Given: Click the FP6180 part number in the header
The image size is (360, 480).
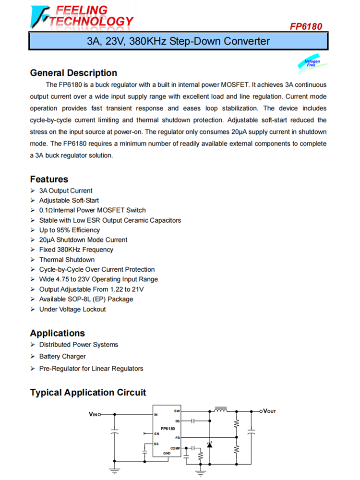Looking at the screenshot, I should point(306,27).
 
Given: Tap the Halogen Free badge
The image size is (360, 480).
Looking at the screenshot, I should point(312,63).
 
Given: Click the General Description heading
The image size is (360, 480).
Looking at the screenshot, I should point(73,73).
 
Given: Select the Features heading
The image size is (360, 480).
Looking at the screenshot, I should point(49,179).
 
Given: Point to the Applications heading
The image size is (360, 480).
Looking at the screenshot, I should point(57,333).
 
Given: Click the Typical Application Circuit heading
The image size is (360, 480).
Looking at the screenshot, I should point(88,393).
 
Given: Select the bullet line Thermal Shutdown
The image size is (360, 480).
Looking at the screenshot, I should point(67,260).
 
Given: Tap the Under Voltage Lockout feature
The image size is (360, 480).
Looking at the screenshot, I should point(72,309).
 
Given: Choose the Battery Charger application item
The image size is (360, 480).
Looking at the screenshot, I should point(62,356).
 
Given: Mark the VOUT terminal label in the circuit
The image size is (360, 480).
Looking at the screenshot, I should point(269,411).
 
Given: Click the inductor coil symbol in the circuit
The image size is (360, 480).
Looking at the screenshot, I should point(221,410).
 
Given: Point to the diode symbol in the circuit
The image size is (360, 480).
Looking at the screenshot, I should point(209,445).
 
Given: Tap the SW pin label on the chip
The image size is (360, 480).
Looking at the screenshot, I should point(177,411).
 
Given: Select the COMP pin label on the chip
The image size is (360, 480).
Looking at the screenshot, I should point(175,448).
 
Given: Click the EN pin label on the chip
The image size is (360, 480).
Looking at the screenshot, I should point(156,433).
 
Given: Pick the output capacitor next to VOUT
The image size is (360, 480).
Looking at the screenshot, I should point(251,432).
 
